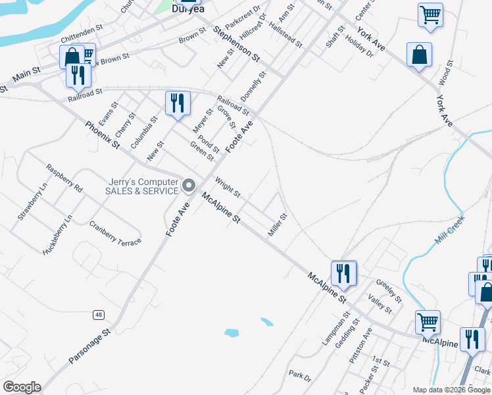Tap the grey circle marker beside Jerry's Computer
point(189,186)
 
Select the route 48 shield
point(98,315)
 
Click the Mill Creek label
point(449,230)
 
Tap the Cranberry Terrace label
point(115,233)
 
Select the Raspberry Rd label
point(64,178)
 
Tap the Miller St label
point(278,225)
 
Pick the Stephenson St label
point(237,45)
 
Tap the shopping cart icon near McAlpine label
point(428,322)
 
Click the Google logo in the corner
point(22,387)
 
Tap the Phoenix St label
point(103,134)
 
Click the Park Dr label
point(299,375)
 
